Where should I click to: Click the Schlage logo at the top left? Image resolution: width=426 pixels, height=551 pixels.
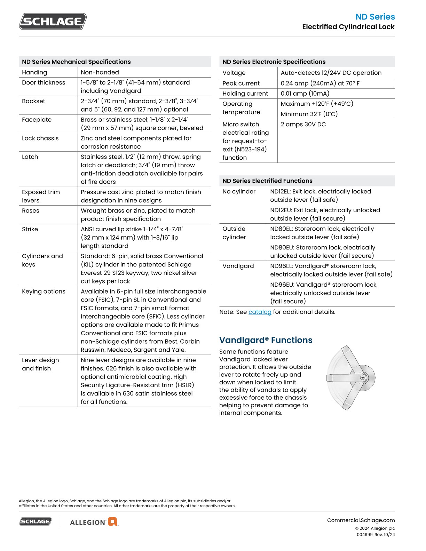pos(53,21)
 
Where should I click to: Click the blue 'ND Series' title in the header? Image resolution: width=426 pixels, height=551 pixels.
pos(375,17)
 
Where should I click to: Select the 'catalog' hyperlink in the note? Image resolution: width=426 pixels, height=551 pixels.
pos(260,312)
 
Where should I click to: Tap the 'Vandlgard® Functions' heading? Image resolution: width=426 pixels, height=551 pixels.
pos(266,340)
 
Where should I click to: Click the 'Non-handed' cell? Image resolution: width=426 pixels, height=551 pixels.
pos(100,72)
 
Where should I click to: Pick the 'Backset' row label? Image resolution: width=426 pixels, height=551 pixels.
pos(33,101)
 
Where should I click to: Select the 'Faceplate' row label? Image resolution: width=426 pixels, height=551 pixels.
pos(37,120)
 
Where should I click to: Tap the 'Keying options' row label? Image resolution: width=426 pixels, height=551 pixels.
pos(44,292)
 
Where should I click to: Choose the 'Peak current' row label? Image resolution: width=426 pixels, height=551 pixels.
pos(241,83)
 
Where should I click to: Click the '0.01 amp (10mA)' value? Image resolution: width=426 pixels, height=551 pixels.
pos(305,94)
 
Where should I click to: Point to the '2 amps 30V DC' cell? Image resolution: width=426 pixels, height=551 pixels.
pos(303,125)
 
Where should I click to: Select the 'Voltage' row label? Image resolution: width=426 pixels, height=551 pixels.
pos(234,73)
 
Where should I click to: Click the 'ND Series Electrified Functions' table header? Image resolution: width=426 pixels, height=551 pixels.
pos(267,181)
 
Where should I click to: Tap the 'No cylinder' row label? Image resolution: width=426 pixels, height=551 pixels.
pos(239,192)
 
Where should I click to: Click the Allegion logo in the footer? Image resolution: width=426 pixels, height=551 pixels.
pos(94,522)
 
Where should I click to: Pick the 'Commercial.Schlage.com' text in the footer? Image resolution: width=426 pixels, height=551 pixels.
pos(361,520)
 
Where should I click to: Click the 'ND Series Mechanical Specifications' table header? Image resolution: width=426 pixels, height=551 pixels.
pos(76,62)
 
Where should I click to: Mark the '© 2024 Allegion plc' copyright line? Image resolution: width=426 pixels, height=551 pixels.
pos(375,528)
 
